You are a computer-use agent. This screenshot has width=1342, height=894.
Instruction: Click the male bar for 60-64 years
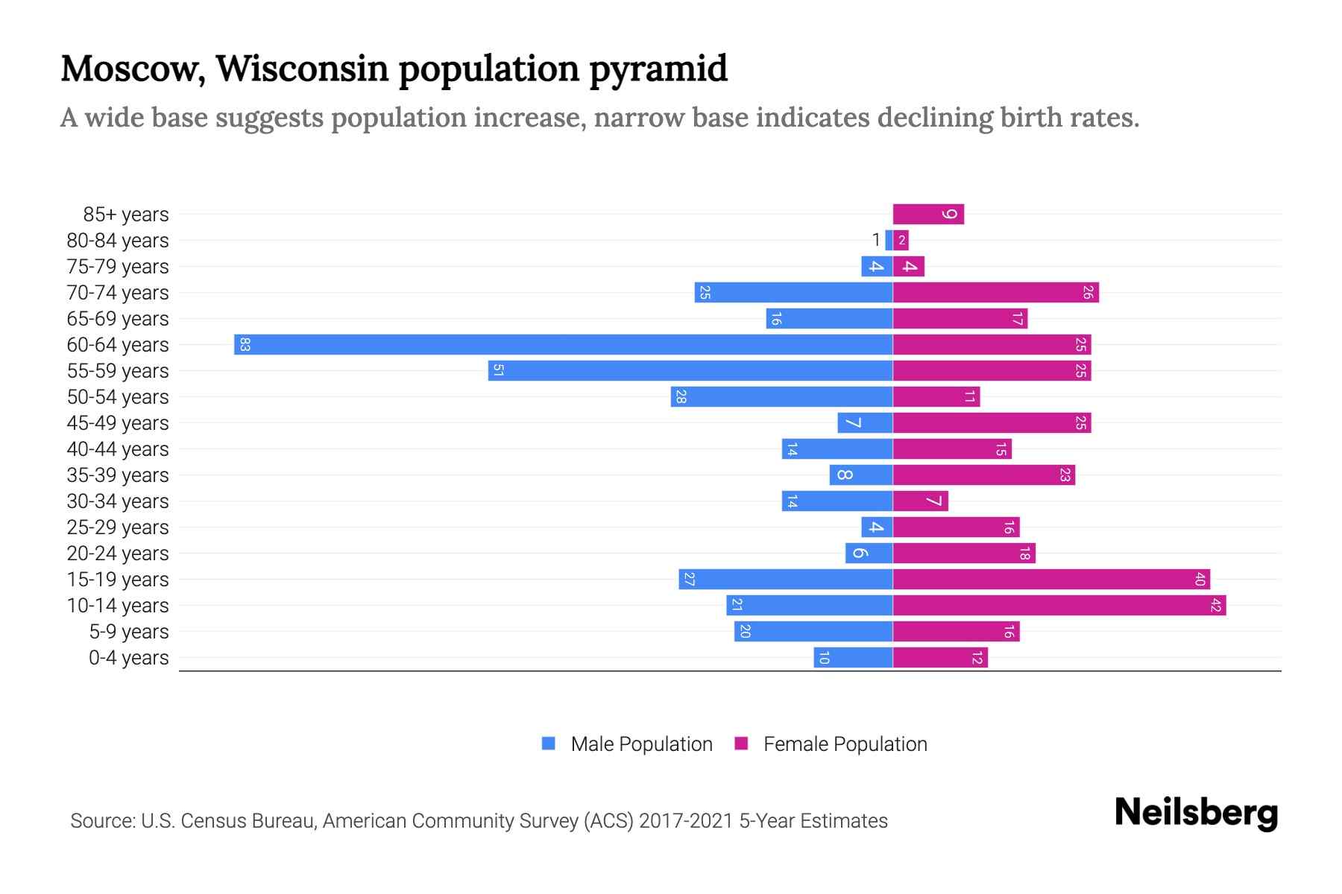tap(563, 344)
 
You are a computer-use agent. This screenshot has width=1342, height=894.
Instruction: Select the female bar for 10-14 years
tap(1059, 605)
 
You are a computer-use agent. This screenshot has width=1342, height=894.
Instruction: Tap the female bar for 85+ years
tap(928, 214)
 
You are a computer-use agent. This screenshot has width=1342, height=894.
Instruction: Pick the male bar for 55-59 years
tap(690, 370)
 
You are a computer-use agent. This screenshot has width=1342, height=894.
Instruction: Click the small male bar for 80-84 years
tap(889, 240)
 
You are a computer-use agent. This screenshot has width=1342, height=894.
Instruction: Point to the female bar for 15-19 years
tap(1051, 579)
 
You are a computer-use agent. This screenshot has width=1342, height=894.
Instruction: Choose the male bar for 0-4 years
tap(853, 657)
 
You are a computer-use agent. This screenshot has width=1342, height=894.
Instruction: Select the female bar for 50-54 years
tap(936, 396)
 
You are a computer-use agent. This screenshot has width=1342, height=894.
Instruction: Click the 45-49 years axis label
tap(118, 422)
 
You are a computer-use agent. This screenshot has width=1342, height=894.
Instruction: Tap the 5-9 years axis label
tap(128, 631)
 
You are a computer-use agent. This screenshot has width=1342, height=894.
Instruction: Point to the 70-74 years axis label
tap(118, 292)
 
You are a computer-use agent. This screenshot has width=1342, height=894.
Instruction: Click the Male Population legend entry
tap(627, 744)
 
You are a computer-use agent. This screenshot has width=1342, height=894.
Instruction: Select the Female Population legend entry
tap(831, 744)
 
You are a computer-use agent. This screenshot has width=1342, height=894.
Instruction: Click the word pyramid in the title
tap(658, 69)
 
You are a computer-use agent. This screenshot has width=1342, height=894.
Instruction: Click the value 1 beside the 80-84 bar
tap(876, 240)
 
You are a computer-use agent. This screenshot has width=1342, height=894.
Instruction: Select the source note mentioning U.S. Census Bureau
tap(479, 820)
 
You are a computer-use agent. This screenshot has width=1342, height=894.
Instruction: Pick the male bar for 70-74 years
tap(793, 292)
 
